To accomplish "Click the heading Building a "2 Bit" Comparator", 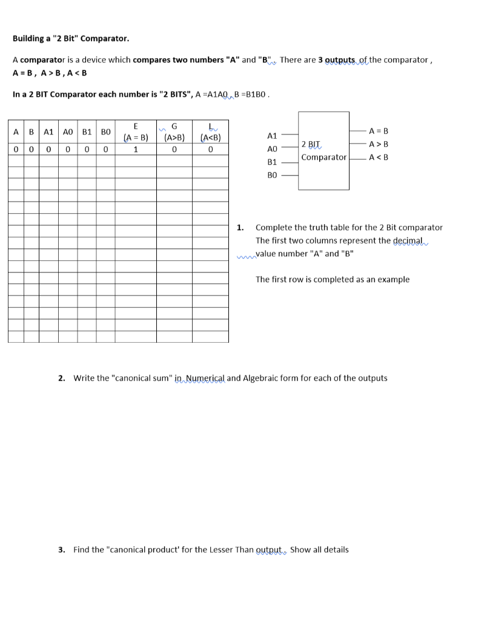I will pyautogui.click(x=71, y=39).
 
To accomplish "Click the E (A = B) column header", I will pyautogui.click(x=136, y=131).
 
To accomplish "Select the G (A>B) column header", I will pyautogui.click(x=174, y=131).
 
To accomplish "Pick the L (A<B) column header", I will pyautogui.click(x=210, y=131).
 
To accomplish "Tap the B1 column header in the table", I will pyautogui.click(x=87, y=131).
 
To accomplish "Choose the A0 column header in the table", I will pyautogui.click(x=68, y=131).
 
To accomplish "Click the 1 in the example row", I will pyautogui.click(x=136, y=149).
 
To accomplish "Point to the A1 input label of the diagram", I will pyautogui.click(x=272, y=136).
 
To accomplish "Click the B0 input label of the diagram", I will pyautogui.click(x=272, y=175).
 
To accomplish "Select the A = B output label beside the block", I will pyautogui.click(x=379, y=131).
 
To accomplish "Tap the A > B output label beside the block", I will pyautogui.click(x=379, y=144).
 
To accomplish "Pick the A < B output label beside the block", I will pyautogui.click(x=379, y=157).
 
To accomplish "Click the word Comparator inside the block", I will pyautogui.click(x=324, y=157).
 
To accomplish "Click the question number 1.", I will pyautogui.click(x=240, y=228).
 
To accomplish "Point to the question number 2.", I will pyautogui.click(x=62, y=378).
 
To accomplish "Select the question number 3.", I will pyautogui.click(x=62, y=550).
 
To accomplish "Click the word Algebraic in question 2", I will pyautogui.click(x=262, y=378).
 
